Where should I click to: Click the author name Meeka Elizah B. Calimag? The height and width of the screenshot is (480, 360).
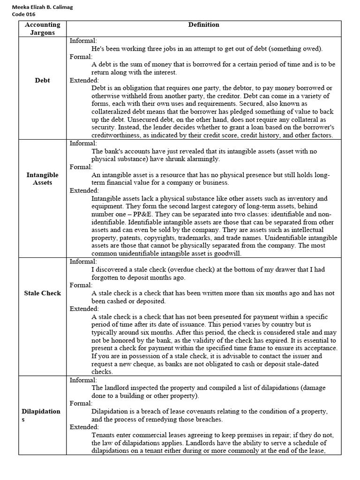(x=43, y=7)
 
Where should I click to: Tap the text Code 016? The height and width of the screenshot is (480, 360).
(x=23, y=14)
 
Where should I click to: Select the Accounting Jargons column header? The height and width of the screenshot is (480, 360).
(x=42, y=29)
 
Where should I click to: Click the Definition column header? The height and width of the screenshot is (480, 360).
(x=203, y=25)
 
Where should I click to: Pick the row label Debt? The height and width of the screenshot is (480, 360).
(x=42, y=80)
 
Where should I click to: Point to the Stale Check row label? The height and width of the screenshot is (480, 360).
(x=42, y=293)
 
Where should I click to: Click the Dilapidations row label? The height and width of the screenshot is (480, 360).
(x=41, y=415)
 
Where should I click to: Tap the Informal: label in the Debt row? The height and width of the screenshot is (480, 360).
(x=83, y=41)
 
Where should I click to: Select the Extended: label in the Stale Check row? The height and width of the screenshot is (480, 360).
(x=84, y=309)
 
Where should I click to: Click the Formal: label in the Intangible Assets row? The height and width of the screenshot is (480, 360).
(x=81, y=167)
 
